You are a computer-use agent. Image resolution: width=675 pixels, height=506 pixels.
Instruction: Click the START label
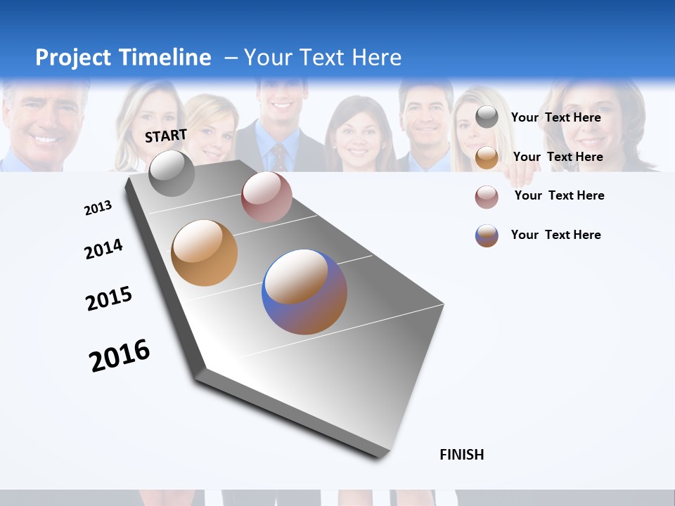tap(166, 136)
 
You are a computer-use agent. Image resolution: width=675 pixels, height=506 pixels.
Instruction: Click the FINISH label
tap(462, 455)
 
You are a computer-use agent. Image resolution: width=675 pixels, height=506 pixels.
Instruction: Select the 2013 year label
tap(98, 208)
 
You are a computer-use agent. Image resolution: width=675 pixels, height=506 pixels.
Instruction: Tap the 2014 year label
tap(103, 249)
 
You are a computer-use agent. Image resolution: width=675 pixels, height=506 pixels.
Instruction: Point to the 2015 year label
tap(109, 299)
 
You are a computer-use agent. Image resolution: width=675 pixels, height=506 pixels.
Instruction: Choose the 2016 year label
tap(120, 356)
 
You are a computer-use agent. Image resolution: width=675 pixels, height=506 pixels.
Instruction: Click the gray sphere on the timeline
tap(172, 173)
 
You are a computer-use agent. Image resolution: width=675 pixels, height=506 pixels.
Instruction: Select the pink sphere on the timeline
tap(266, 197)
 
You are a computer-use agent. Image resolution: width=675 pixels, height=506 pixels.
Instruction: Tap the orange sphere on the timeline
tap(204, 253)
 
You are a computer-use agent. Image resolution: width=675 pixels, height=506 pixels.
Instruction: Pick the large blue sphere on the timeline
tap(304, 292)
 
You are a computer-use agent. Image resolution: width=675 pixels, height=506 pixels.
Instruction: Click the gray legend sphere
tap(487, 117)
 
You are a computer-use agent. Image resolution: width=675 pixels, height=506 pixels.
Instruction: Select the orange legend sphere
tap(487, 157)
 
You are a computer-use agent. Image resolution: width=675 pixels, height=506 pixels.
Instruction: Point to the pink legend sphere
tap(487, 196)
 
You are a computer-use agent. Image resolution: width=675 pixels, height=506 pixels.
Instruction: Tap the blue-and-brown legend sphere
tap(487, 235)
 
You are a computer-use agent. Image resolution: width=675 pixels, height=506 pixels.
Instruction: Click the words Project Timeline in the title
tap(123, 58)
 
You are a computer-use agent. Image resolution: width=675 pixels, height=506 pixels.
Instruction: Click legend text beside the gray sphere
tap(555, 117)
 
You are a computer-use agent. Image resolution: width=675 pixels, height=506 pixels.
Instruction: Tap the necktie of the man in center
tap(279, 157)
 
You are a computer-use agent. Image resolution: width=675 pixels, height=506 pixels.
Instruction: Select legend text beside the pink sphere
tap(559, 195)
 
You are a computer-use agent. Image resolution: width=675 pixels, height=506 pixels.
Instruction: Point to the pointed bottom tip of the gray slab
tap(380, 455)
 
